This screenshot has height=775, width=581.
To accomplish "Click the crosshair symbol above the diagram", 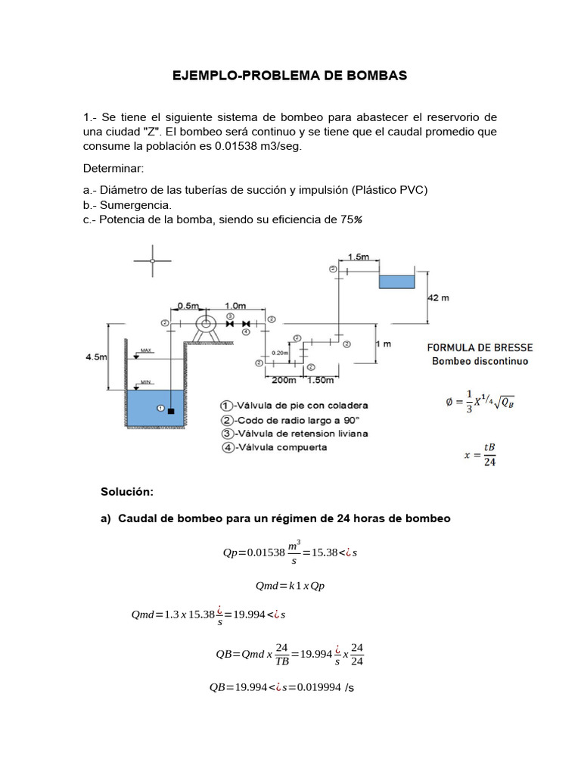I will point(153,261).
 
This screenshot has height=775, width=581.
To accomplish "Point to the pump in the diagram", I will point(205,324).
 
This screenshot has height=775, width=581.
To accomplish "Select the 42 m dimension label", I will point(438,298).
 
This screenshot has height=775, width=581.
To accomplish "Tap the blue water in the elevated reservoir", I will point(396,282).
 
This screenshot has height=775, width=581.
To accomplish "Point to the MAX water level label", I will point(146,351).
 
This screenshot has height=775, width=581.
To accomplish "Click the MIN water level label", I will point(146,382).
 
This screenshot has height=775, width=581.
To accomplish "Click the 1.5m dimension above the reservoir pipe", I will point(359,257).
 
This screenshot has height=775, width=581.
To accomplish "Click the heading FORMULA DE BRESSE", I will point(480,347).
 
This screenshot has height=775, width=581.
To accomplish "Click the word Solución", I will point(127,492).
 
